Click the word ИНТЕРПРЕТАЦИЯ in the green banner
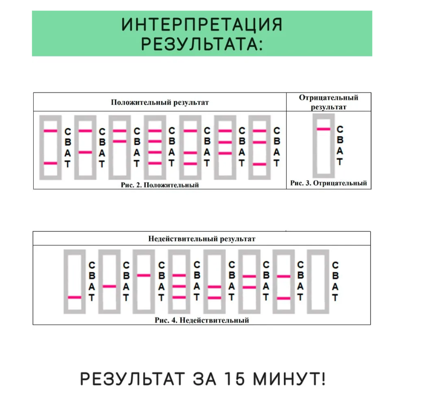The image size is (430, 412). (x=202, y=24)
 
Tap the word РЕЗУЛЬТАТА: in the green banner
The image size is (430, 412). (x=202, y=44)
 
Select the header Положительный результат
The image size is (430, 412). (x=160, y=102)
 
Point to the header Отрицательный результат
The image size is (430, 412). (x=328, y=102)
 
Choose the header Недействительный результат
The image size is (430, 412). (x=202, y=239)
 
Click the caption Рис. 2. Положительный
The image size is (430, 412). (x=159, y=184)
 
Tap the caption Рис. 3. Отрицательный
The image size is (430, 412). (x=328, y=183)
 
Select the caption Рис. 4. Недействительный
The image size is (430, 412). (x=202, y=320)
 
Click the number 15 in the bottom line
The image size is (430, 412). (x=220, y=379)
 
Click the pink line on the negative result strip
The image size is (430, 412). (x=324, y=129)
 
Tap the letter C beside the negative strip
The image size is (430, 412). (x=340, y=129)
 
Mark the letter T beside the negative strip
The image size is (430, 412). (x=340, y=162)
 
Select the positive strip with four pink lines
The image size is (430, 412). (x=155, y=147)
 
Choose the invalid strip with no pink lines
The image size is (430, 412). (x=318, y=282)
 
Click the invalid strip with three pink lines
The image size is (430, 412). (x=178, y=282)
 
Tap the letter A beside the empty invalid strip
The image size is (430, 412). (x=335, y=287)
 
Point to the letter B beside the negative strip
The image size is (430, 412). (x=340, y=140)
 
